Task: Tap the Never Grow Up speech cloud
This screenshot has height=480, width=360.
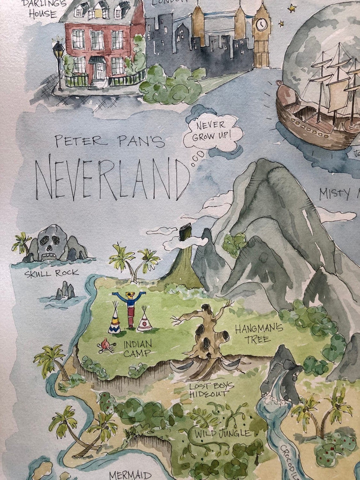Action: pyautogui.click(x=213, y=132)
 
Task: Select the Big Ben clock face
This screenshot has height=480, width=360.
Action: pyautogui.click(x=262, y=23)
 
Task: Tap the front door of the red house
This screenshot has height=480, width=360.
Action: pyautogui.click(x=98, y=71)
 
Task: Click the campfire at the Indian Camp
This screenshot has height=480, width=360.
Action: pyautogui.click(x=106, y=346)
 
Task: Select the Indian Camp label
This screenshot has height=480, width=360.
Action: pyautogui.click(x=137, y=348)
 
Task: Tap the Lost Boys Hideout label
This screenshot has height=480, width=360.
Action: pyautogui.click(x=209, y=390)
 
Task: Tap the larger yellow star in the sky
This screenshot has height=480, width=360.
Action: pyautogui.click(x=292, y=8)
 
